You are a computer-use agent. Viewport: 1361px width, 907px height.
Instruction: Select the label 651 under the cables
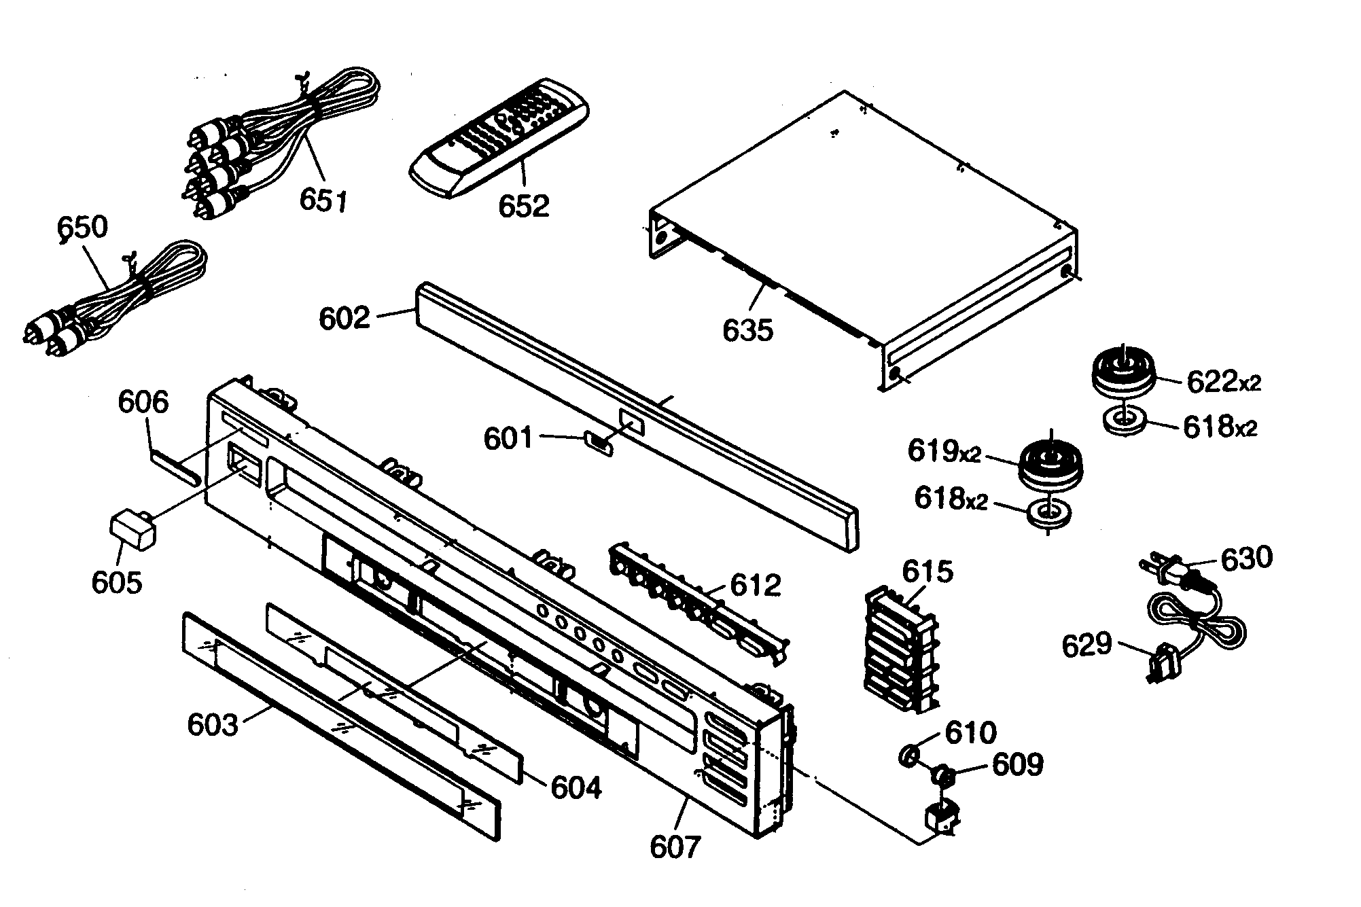pos(323,201)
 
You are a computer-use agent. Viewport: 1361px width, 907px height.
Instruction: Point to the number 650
pos(83,228)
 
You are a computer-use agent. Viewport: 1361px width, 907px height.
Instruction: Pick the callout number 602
pos(344,319)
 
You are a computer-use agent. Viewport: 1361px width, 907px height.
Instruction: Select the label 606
pos(143,402)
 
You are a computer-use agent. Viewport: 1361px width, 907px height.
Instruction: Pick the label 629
pos(1086,645)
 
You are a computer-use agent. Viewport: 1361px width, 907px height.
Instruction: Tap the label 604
pos(576,787)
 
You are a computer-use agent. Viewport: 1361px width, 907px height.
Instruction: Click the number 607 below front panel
pos(674,847)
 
